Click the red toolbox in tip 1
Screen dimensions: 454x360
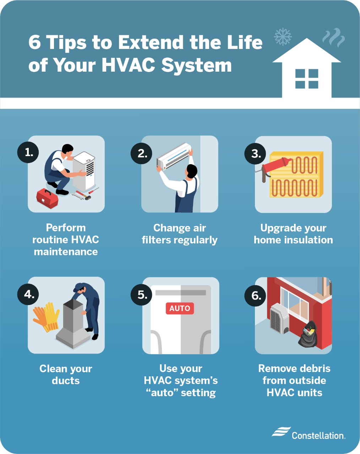pos(47,198)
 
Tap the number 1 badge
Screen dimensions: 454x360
pos(29,153)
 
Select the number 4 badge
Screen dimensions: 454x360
pos(29,294)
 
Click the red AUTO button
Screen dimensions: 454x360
pos(180,308)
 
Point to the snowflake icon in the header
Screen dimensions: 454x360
pos(283,37)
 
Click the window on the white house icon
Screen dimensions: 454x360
pos(307,79)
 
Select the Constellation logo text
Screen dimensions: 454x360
pos(318,435)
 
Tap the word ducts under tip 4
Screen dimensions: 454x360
pos(66,381)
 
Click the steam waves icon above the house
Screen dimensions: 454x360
pos(333,38)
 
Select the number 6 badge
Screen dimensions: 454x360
pos(256,295)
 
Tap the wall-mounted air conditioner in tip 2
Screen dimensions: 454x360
pos(174,156)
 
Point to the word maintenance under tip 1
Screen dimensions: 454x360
pos(66,252)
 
